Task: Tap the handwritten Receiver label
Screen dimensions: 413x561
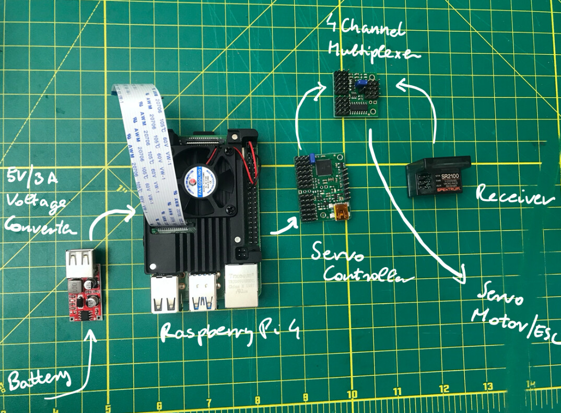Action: pos(514,198)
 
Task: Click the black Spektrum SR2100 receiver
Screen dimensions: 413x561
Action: pos(438,177)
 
